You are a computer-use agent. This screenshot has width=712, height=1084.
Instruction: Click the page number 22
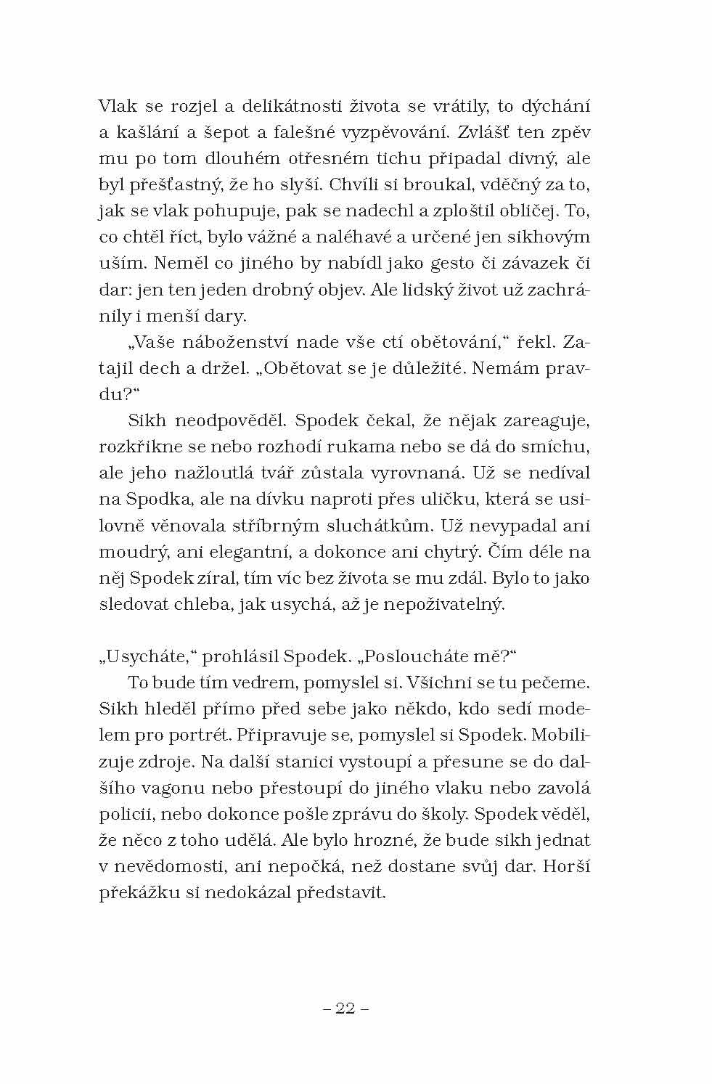click(345, 1008)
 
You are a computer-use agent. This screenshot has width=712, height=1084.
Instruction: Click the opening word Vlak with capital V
click(118, 106)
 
